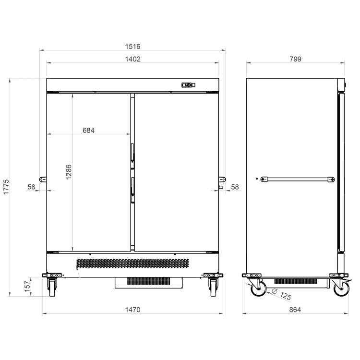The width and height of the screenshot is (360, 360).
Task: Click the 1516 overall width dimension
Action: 132,47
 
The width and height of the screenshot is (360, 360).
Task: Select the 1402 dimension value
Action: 132,59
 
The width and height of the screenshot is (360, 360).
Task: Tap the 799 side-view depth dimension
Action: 295,59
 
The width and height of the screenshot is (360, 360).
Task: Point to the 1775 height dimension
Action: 6,187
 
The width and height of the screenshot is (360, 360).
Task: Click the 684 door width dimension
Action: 88,131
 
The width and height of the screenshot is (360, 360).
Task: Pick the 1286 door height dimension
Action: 69,172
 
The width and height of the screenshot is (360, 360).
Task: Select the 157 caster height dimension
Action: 27,287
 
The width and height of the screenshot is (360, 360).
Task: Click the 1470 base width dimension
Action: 132,310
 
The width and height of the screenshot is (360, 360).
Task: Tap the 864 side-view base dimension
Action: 295,310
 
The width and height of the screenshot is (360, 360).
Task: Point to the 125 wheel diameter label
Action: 286,296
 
